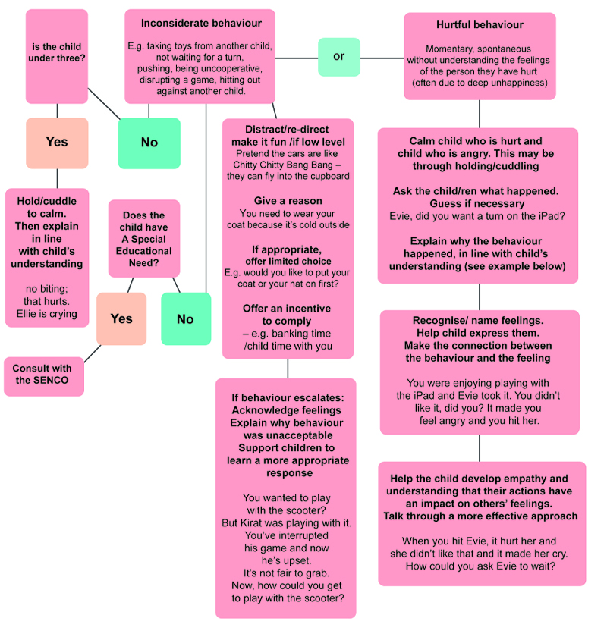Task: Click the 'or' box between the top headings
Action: pos(338,57)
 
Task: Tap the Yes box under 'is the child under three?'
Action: pos(57,143)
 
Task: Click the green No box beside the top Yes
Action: pos(149,143)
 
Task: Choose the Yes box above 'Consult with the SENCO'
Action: pos(121,318)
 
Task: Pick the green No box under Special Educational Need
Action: pos(186,318)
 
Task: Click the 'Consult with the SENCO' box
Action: pos(43,375)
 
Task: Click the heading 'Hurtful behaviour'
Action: pos(480,25)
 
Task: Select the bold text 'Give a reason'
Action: pos(288,201)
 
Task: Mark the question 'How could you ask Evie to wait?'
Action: pos(483,565)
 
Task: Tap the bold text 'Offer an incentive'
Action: pos(287,309)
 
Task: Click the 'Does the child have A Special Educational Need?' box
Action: pos(144,238)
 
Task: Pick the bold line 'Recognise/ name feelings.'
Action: pos(479,321)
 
